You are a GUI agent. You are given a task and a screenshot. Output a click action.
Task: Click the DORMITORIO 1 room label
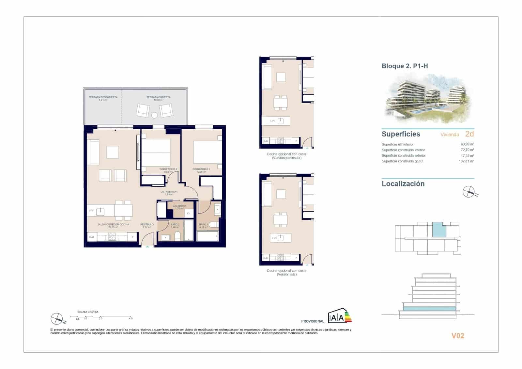[201, 169]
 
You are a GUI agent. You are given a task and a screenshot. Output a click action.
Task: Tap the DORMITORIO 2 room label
[168, 169]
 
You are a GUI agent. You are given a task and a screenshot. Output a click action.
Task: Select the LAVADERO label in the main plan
[179, 206]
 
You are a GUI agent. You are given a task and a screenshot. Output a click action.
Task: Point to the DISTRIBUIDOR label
[169, 192]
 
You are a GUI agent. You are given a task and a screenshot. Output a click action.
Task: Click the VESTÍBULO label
[147, 225]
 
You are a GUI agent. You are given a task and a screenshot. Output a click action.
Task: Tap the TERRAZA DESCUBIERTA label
[103, 97]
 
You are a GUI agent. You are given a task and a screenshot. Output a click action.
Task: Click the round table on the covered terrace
[154, 115]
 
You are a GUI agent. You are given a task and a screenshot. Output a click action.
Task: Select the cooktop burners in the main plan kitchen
[112, 236]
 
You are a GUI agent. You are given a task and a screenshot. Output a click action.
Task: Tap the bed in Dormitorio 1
[207, 152]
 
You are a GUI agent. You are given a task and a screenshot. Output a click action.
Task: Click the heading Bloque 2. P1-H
[405, 66]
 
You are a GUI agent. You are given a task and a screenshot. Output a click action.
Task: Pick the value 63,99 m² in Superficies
[467, 144]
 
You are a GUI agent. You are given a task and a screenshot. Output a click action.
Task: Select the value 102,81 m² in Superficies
[466, 161]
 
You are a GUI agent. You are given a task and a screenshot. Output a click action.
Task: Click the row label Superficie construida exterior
[404, 155]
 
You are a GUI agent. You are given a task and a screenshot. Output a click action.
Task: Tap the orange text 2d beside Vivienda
[469, 134]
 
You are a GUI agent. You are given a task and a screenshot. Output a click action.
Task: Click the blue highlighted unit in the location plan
[439, 230]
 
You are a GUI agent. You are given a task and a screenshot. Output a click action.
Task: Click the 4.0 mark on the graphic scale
[130, 318]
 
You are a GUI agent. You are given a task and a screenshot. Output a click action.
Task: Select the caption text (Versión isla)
[286, 275]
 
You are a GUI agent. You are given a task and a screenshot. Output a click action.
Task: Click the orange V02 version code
[457, 336]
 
